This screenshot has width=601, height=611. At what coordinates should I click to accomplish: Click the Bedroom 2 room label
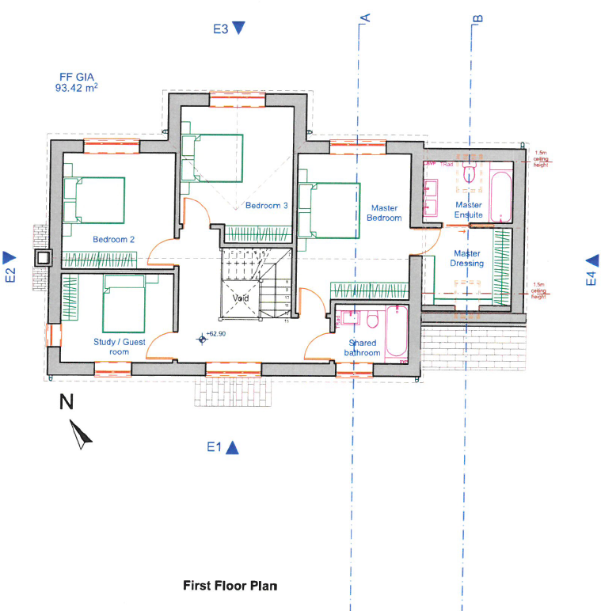(x=114, y=239)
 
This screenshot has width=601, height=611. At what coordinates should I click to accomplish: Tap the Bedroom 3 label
(x=266, y=206)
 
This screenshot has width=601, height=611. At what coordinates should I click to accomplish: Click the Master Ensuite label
(x=468, y=210)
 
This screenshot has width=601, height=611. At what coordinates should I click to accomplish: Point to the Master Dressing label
(x=467, y=259)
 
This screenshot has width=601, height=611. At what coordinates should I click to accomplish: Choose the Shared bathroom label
(x=361, y=348)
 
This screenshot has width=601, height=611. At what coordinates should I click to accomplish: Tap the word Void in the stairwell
(x=242, y=298)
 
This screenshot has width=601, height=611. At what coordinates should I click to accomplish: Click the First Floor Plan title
(x=230, y=586)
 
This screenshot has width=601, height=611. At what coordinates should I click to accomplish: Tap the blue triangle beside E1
(x=232, y=447)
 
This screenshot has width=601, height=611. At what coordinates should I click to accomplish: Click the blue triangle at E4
(x=591, y=260)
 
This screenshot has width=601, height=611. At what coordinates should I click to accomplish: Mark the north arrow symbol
(x=80, y=435)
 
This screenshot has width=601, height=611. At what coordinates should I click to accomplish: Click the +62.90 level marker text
(x=216, y=334)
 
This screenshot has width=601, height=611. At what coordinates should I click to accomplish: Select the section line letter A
(x=365, y=17)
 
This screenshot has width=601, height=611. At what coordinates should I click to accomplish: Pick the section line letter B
(x=477, y=17)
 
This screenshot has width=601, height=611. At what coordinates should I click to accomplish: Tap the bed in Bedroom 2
(x=94, y=199)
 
